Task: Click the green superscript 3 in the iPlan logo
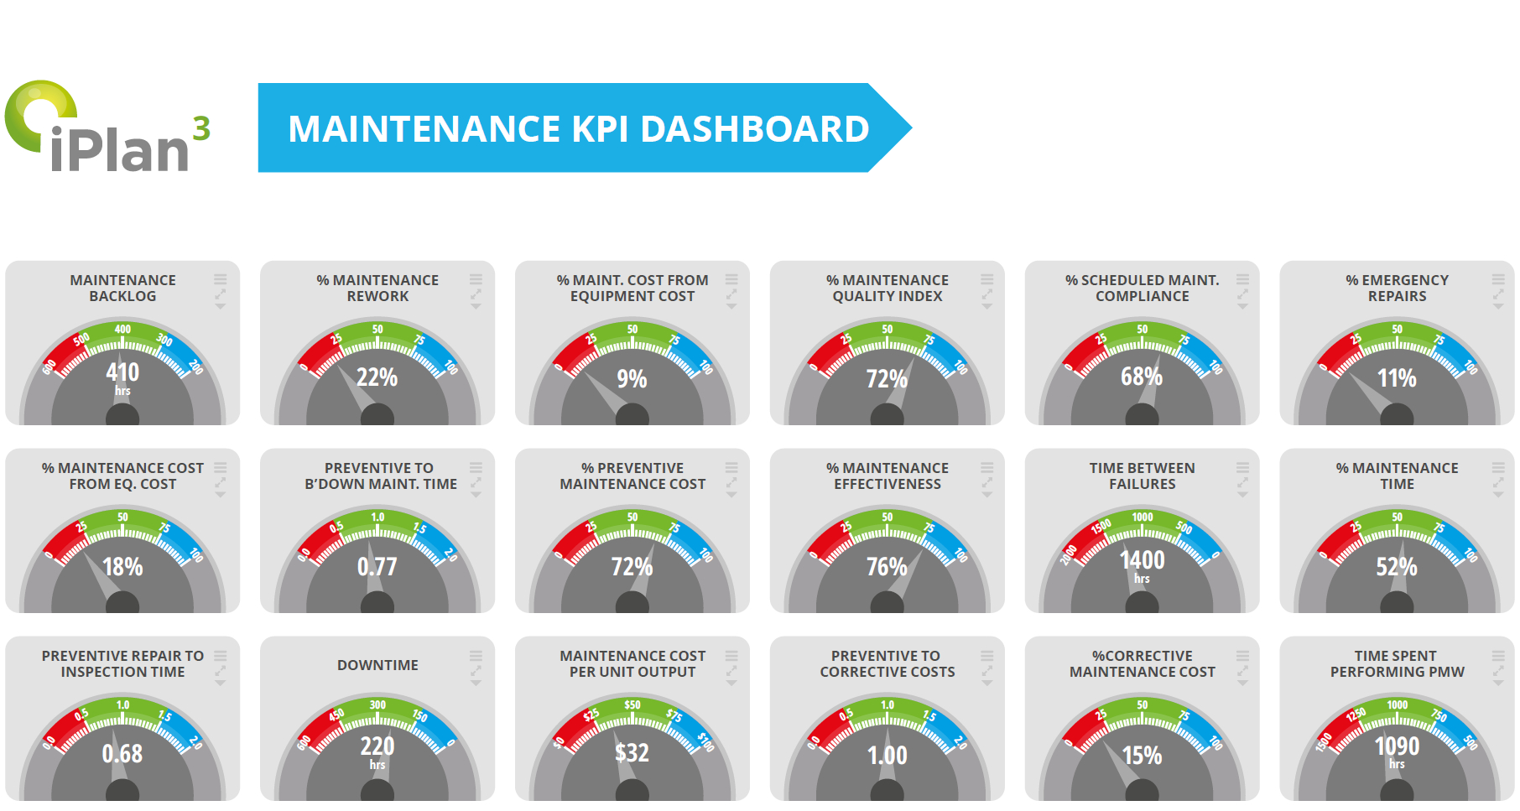[201, 128]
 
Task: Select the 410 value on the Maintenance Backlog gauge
[122, 372]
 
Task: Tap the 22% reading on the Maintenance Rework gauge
[377, 377]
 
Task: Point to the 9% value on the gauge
[632, 379]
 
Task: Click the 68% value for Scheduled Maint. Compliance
[1142, 377]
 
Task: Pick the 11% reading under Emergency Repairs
[1397, 378]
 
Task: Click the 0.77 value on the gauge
[377, 567]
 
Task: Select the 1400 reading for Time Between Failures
[1142, 559]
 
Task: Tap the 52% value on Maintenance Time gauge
[1397, 567]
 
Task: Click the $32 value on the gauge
[632, 752]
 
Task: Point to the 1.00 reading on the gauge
[888, 755]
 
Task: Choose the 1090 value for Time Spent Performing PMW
[1397, 746]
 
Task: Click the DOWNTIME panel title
[377, 665]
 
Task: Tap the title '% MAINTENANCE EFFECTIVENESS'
[888, 476]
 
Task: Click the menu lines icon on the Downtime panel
[476, 656]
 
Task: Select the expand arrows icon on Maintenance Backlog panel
[221, 294]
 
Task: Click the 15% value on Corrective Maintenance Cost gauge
[1142, 755]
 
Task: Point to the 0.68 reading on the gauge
[122, 753]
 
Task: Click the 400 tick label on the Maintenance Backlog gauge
[122, 329]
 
